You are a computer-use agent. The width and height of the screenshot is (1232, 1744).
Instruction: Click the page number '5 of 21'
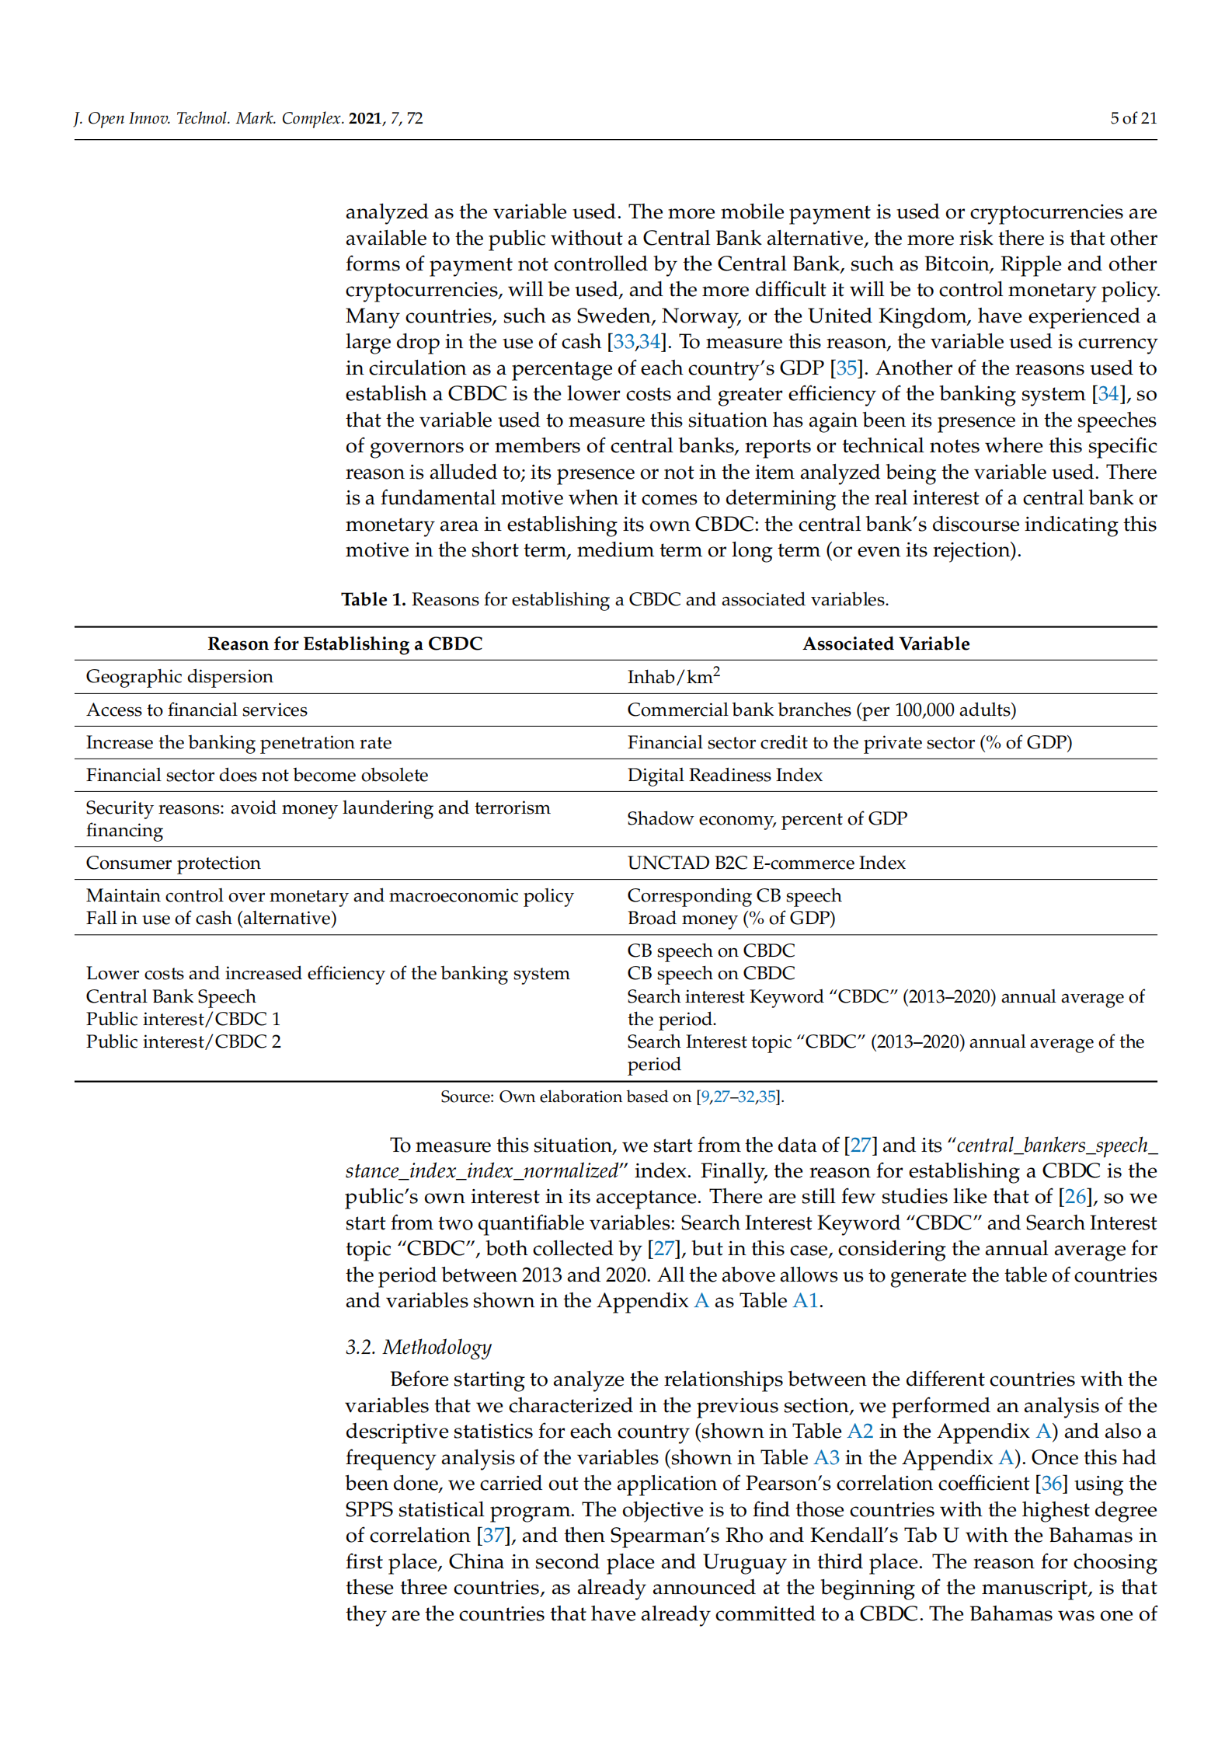(x=1133, y=118)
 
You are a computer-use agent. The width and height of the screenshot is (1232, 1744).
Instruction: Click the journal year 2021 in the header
(x=364, y=119)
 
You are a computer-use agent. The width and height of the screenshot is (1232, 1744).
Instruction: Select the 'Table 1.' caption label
(x=373, y=599)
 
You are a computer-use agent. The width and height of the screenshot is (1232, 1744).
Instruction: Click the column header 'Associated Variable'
(x=886, y=644)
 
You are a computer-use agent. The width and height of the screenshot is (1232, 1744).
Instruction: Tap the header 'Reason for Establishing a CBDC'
(x=345, y=644)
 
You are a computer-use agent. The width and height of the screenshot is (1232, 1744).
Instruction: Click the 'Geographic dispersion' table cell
(x=179, y=676)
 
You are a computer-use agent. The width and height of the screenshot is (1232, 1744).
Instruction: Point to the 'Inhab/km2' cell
(x=673, y=676)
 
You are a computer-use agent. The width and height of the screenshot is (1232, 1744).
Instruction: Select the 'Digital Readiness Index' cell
(x=724, y=775)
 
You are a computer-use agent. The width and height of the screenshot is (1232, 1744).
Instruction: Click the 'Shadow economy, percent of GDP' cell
(x=767, y=818)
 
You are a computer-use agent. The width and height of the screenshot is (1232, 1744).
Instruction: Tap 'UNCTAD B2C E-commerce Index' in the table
(x=766, y=863)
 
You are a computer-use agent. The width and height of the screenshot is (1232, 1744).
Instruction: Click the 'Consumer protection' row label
(x=173, y=863)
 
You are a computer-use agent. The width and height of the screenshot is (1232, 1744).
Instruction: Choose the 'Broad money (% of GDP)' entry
(x=731, y=918)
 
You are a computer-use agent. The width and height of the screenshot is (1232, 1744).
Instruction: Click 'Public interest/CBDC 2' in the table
(x=183, y=1041)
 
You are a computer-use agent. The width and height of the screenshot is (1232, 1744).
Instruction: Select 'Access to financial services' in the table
(x=197, y=710)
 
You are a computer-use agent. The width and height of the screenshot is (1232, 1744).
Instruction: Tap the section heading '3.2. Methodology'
(x=418, y=1347)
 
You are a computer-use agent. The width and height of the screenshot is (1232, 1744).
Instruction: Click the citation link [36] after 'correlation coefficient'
(x=1051, y=1483)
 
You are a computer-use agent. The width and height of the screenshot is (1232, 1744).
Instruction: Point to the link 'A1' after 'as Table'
(x=806, y=1300)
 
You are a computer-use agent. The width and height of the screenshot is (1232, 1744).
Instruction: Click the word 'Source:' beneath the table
(x=467, y=1097)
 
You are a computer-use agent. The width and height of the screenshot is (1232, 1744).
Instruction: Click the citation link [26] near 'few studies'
(x=1075, y=1196)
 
